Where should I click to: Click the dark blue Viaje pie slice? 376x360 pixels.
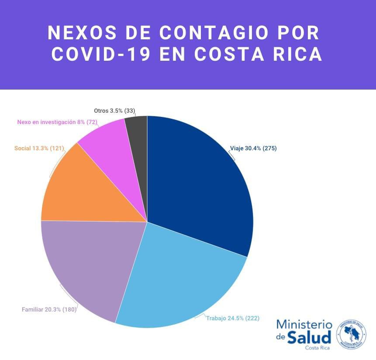coord(201,183)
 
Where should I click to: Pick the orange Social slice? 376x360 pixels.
coord(83,188)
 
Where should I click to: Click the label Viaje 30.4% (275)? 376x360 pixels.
coord(253,149)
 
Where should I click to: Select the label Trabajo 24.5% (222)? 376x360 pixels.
coord(233,318)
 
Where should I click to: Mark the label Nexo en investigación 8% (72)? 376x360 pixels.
coord(57,122)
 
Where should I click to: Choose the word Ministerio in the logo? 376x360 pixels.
coord(304,325)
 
